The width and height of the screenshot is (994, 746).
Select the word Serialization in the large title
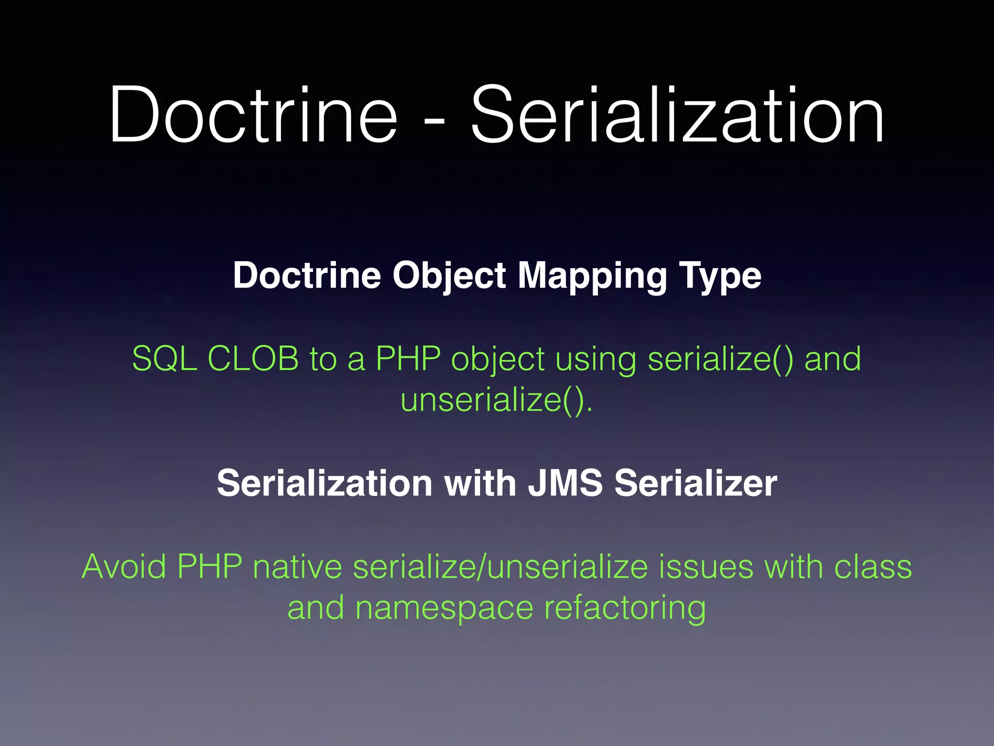pyautogui.click(x=678, y=115)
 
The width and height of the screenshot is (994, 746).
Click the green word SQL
pyautogui.click(x=164, y=358)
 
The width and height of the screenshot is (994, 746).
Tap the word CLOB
pyautogui.click(x=253, y=358)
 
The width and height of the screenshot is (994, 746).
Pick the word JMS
pyautogui.click(x=565, y=484)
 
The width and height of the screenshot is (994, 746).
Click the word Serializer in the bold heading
pyautogui.click(x=696, y=484)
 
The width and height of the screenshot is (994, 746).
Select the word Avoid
pyautogui.click(x=124, y=567)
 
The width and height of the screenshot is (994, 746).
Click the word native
pyautogui.click(x=298, y=567)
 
